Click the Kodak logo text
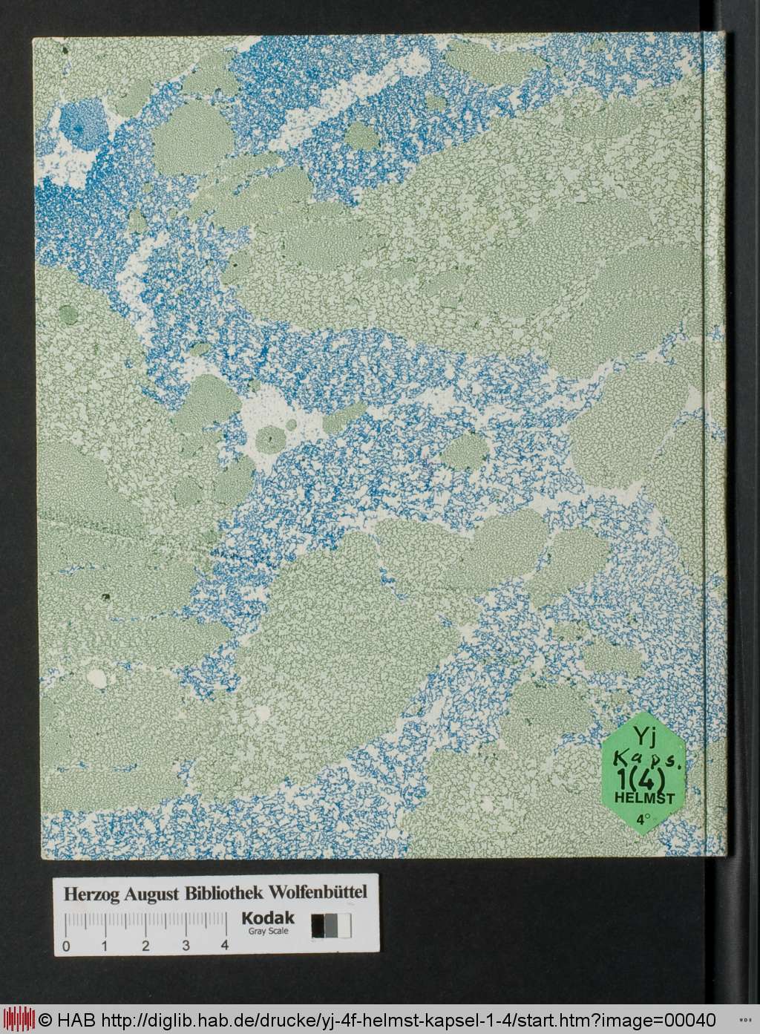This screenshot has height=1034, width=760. tap(267, 918)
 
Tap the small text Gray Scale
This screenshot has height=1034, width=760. tap(267, 932)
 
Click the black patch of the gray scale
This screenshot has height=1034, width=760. tap(318, 926)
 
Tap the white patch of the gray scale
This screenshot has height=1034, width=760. tap(345, 926)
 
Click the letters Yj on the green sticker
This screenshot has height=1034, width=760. tap(644, 736)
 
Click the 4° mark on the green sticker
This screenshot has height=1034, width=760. tap(642, 820)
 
